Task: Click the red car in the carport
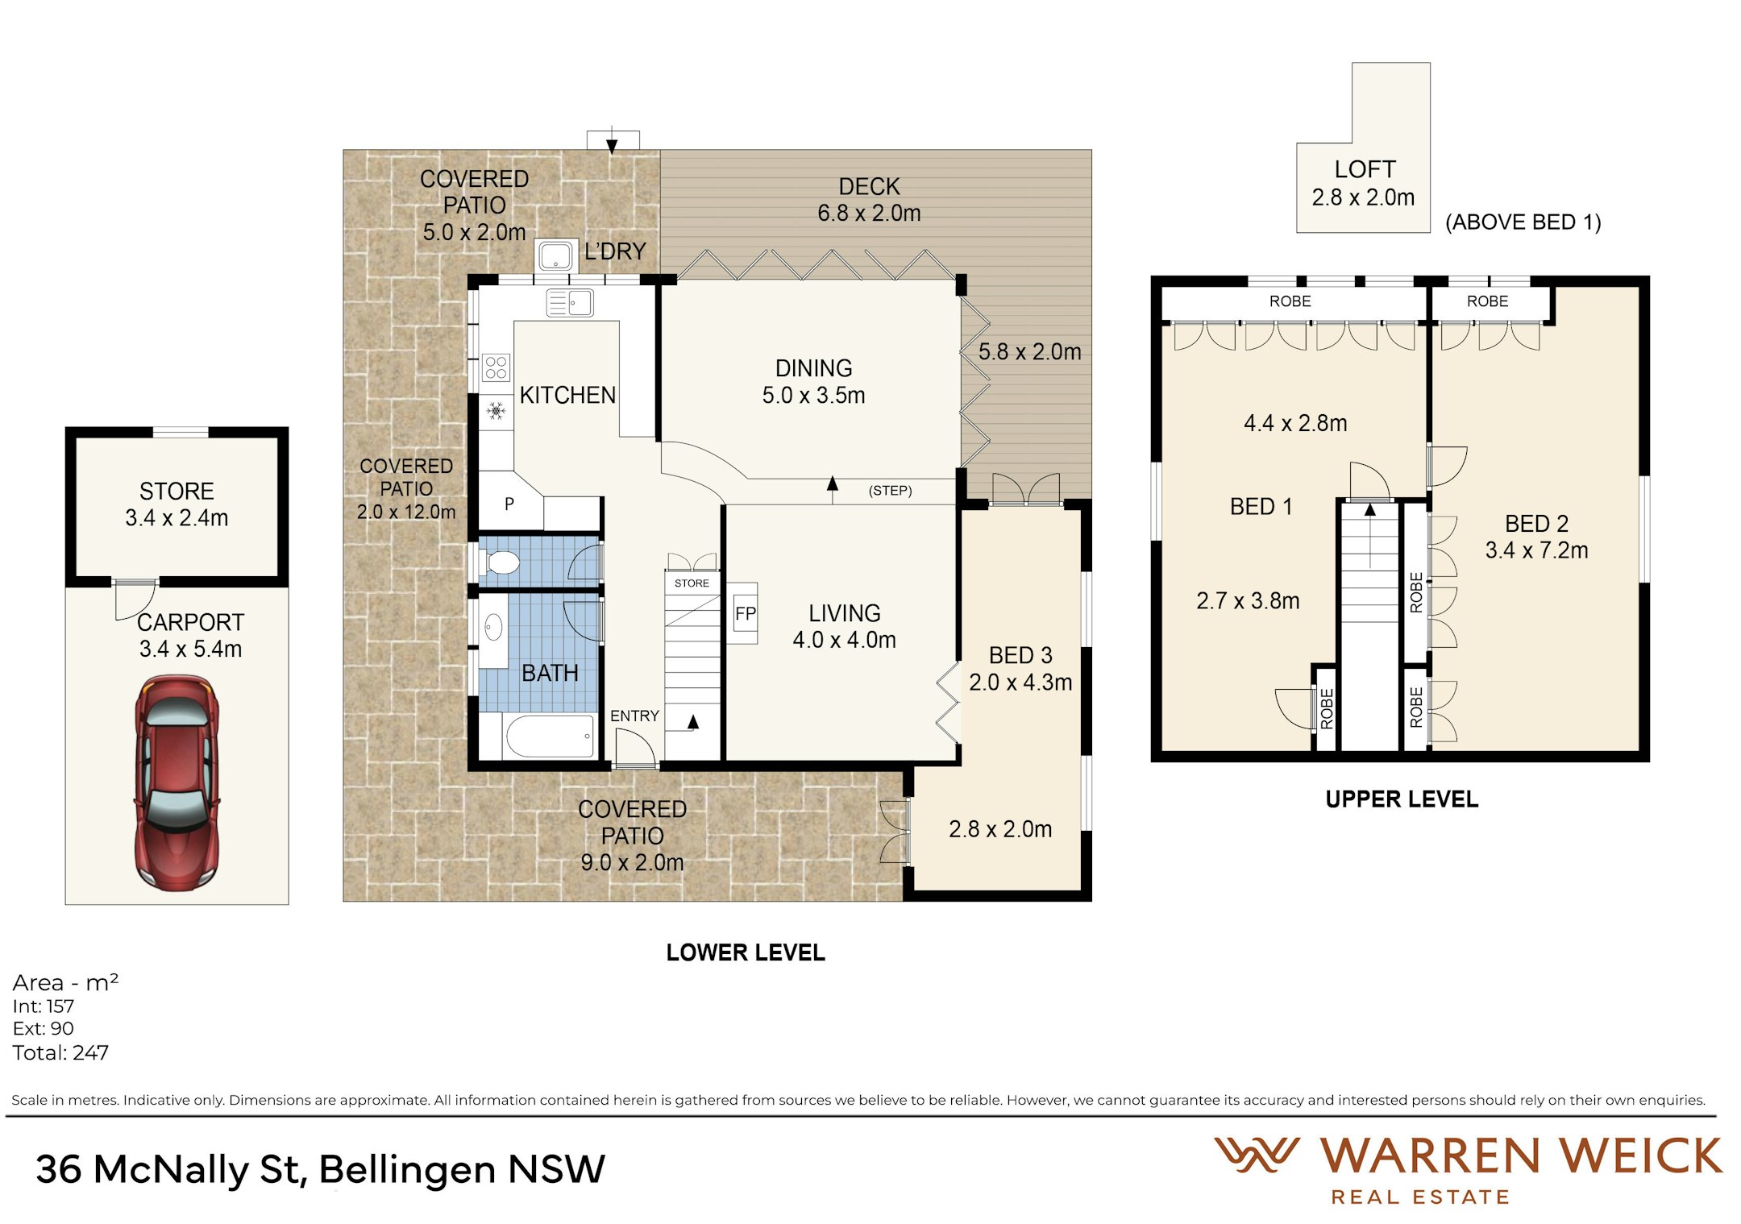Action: click(177, 783)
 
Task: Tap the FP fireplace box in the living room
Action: click(745, 613)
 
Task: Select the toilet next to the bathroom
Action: click(501, 562)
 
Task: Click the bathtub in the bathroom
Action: click(551, 736)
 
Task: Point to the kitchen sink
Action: click(570, 303)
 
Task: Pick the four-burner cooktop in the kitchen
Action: click(496, 367)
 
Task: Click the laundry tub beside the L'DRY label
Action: click(555, 255)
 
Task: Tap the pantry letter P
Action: click(509, 504)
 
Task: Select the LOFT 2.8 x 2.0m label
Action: click(1363, 183)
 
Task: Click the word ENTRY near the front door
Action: click(634, 716)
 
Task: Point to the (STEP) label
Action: click(890, 491)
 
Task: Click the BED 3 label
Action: click(1020, 655)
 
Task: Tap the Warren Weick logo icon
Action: click(1257, 1155)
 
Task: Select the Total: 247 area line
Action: click(60, 1052)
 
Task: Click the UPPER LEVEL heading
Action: click(1402, 799)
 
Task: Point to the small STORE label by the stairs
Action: click(692, 583)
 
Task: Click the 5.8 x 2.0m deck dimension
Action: click(1029, 352)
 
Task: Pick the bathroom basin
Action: click(493, 627)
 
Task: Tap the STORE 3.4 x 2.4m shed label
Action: click(177, 504)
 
